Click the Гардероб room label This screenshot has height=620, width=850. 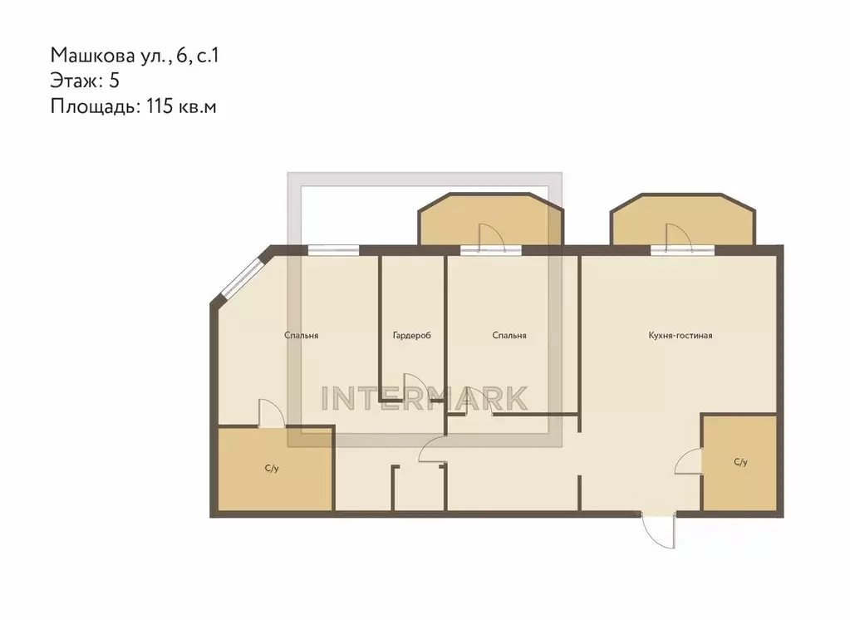click(411, 336)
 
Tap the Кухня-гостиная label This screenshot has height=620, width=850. click(680, 335)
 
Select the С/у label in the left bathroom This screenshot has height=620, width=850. click(272, 468)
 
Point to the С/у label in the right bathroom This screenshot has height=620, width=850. click(740, 462)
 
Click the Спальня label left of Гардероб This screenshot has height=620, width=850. click(302, 335)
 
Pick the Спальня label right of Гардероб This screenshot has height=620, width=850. click(509, 335)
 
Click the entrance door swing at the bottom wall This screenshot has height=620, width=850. click(658, 530)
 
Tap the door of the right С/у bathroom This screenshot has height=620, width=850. click(689, 461)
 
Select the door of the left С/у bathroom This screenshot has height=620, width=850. click(272, 413)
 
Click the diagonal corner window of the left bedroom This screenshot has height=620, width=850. click(243, 278)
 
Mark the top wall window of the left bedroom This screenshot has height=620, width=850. click(333, 250)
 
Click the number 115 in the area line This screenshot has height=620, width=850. click(160, 106)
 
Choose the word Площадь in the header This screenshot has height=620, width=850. click(93, 106)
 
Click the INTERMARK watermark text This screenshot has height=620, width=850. click(425, 399)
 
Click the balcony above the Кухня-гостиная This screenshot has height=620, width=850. click(683, 219)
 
